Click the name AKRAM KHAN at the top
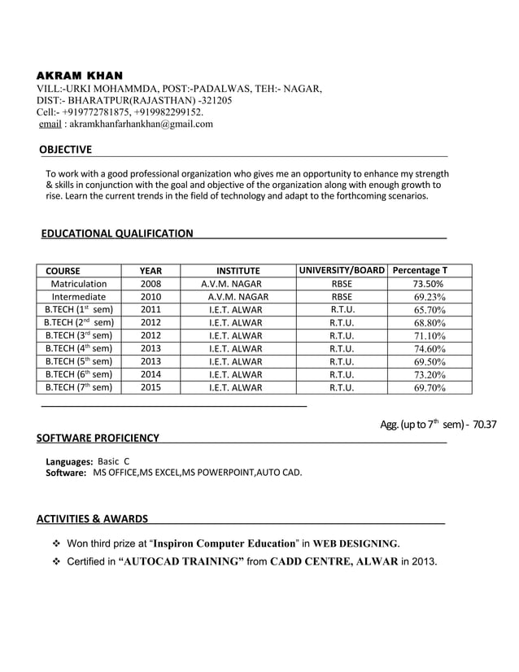click(80, 75)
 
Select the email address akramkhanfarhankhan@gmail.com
click(137, 124)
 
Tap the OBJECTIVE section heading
click(66, 149)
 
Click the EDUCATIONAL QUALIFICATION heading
click(117, 233)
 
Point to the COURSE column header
click(63, 270)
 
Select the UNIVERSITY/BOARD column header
click(341, 269)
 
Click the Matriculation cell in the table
click(78, 284)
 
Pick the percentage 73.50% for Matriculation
click(428, 284)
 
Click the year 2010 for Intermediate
click(150, 297)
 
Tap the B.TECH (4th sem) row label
click(78, 349)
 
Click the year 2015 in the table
click(150, 388)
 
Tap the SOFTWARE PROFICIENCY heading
click(98, 439)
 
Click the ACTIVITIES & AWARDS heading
click(93, 518)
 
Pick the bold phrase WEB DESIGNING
click(355, 543)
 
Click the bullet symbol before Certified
click(57, 561)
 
